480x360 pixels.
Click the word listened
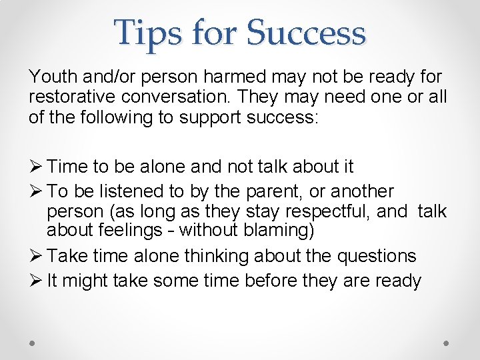(132, 191)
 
